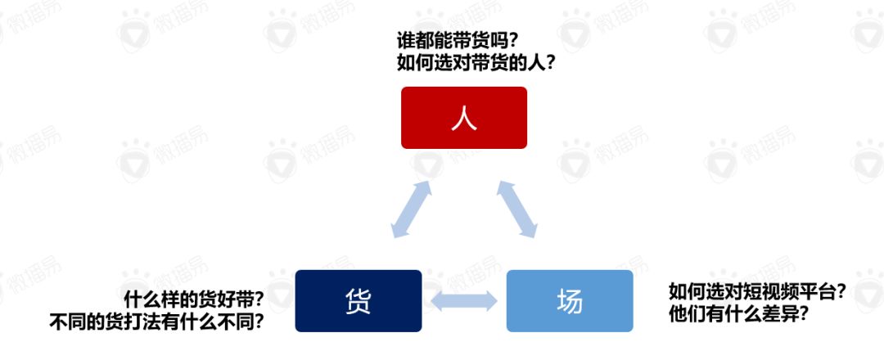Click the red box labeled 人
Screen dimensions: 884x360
[464, 118]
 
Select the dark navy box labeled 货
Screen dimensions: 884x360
[359, 301]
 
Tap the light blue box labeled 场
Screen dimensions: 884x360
[570, 301]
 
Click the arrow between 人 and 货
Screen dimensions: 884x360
[412, 209]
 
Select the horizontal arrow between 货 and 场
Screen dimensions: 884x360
[464, 301]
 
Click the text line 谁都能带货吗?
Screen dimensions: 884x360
[463, 41]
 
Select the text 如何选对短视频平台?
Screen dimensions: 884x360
[756, 291]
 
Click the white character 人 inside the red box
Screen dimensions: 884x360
[464, 119]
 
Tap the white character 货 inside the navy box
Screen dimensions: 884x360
[359, 301]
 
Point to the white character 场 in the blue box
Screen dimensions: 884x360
[570, 301]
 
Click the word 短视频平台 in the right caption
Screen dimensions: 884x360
[778, 291]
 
